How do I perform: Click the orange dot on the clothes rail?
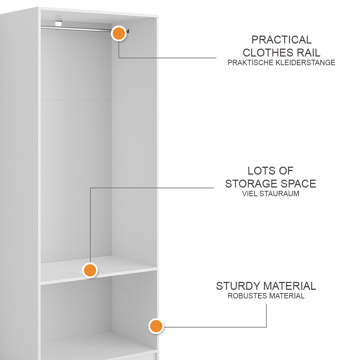(x=119, y=33)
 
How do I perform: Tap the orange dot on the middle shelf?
(x=90, y=270)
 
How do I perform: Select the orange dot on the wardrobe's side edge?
(x=156, y=326)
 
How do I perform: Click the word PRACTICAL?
(x=282, y=40)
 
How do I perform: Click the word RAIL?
(x=309, y=53)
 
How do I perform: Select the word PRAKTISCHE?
(x=250, y=62)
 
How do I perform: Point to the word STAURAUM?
(x=279, y=194)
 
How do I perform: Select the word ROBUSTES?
(x=247, y=296)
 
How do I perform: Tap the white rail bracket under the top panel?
(x=59, y=23)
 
